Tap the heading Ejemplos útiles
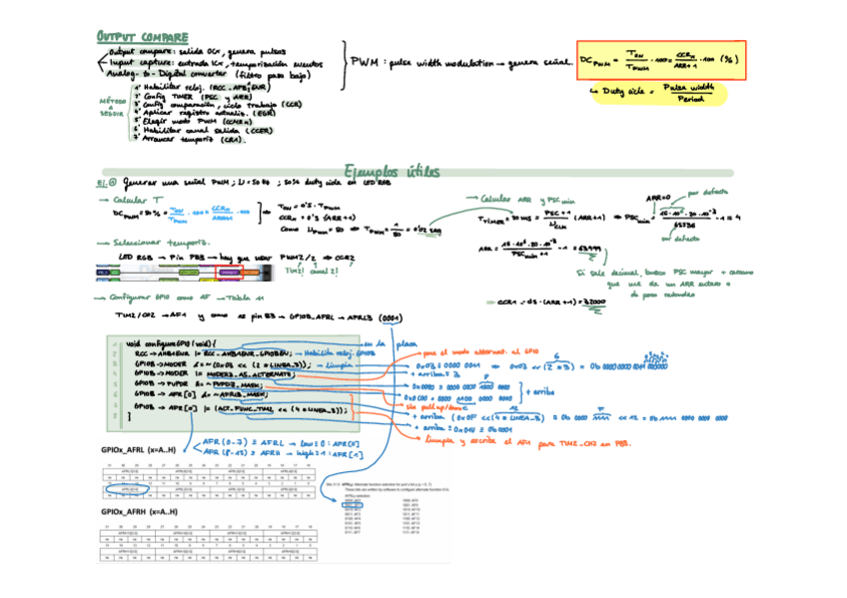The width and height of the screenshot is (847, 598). point(391,172)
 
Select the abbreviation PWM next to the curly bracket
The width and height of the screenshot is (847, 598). point(365,63)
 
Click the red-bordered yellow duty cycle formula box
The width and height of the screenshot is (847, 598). point(661,61)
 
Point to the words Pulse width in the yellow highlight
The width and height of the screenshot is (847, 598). point(689,88)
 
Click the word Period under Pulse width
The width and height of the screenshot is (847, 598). point(689,98)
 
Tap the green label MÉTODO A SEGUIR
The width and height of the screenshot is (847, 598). point(112,106)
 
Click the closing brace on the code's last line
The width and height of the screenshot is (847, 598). point(116,418)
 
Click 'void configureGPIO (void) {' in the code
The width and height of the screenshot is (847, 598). point(174,342)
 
